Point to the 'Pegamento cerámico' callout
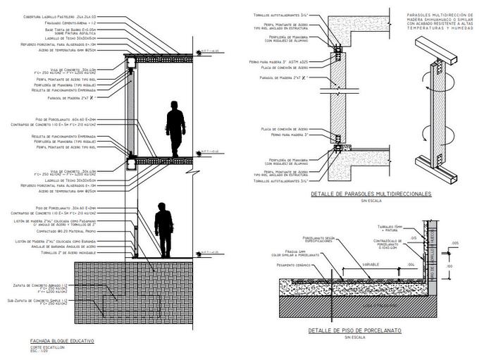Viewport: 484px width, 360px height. click(292, 264)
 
